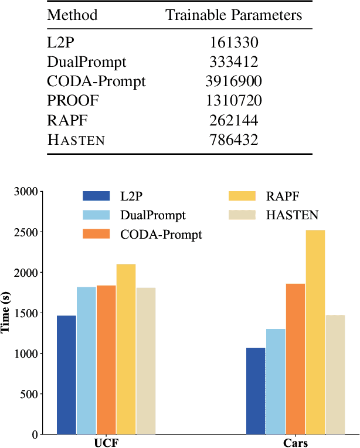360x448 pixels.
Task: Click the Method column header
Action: point(72,15)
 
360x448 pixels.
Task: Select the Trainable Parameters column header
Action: point(234,15)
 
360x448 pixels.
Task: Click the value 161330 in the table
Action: point(234,43)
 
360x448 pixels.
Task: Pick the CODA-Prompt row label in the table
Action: point(96,82)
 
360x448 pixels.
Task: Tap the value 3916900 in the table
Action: point(234,82)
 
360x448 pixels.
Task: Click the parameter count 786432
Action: point(234,140)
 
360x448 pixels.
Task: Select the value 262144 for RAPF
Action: point(234,120)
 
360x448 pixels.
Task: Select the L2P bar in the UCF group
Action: point(66,375)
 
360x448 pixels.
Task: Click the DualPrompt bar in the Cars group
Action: point(276,381)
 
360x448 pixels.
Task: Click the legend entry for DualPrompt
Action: point(152,215)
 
